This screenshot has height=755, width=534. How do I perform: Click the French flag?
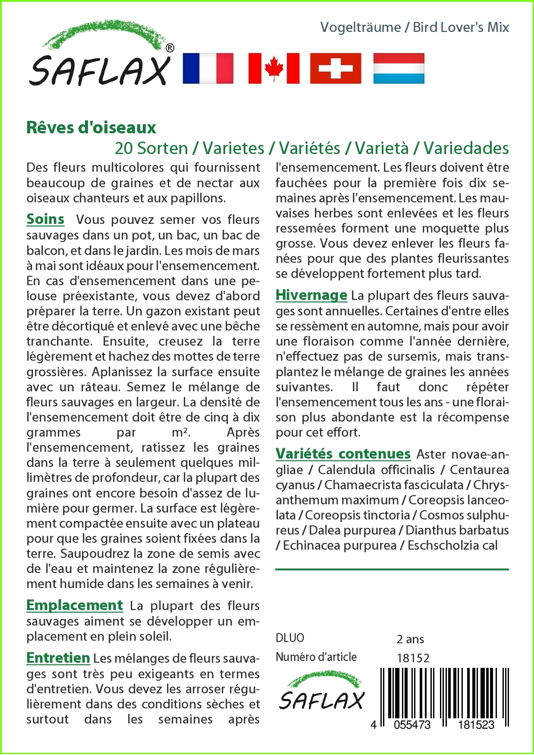coord(208,68)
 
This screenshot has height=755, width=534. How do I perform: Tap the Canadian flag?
coord(274,68)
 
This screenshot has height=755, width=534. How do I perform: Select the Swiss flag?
coord(336,68)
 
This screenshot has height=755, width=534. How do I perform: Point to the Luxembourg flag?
coord(399,68)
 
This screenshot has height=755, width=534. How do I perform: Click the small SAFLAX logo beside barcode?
coord(322,691)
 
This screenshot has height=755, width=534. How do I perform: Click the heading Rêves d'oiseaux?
coord(91,128)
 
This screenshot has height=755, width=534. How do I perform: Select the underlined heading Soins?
coord(45,219)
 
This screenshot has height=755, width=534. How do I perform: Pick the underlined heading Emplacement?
coord(75,605)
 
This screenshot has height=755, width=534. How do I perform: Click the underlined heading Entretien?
coord(58,658)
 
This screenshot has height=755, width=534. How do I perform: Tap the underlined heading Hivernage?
coord(311,295)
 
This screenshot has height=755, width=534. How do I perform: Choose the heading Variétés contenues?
coord(343,454)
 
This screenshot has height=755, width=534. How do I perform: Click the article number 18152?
coord(413,658)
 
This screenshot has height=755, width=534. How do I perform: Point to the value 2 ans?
coord(410,639)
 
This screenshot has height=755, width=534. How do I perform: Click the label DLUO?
coord(290,638)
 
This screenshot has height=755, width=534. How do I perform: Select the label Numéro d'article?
coord(316,657)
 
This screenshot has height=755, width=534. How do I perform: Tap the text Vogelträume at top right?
coord(361,27)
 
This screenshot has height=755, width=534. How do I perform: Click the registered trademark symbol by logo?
coord(170,48)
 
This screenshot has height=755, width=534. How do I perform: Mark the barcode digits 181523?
coord(476,725)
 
